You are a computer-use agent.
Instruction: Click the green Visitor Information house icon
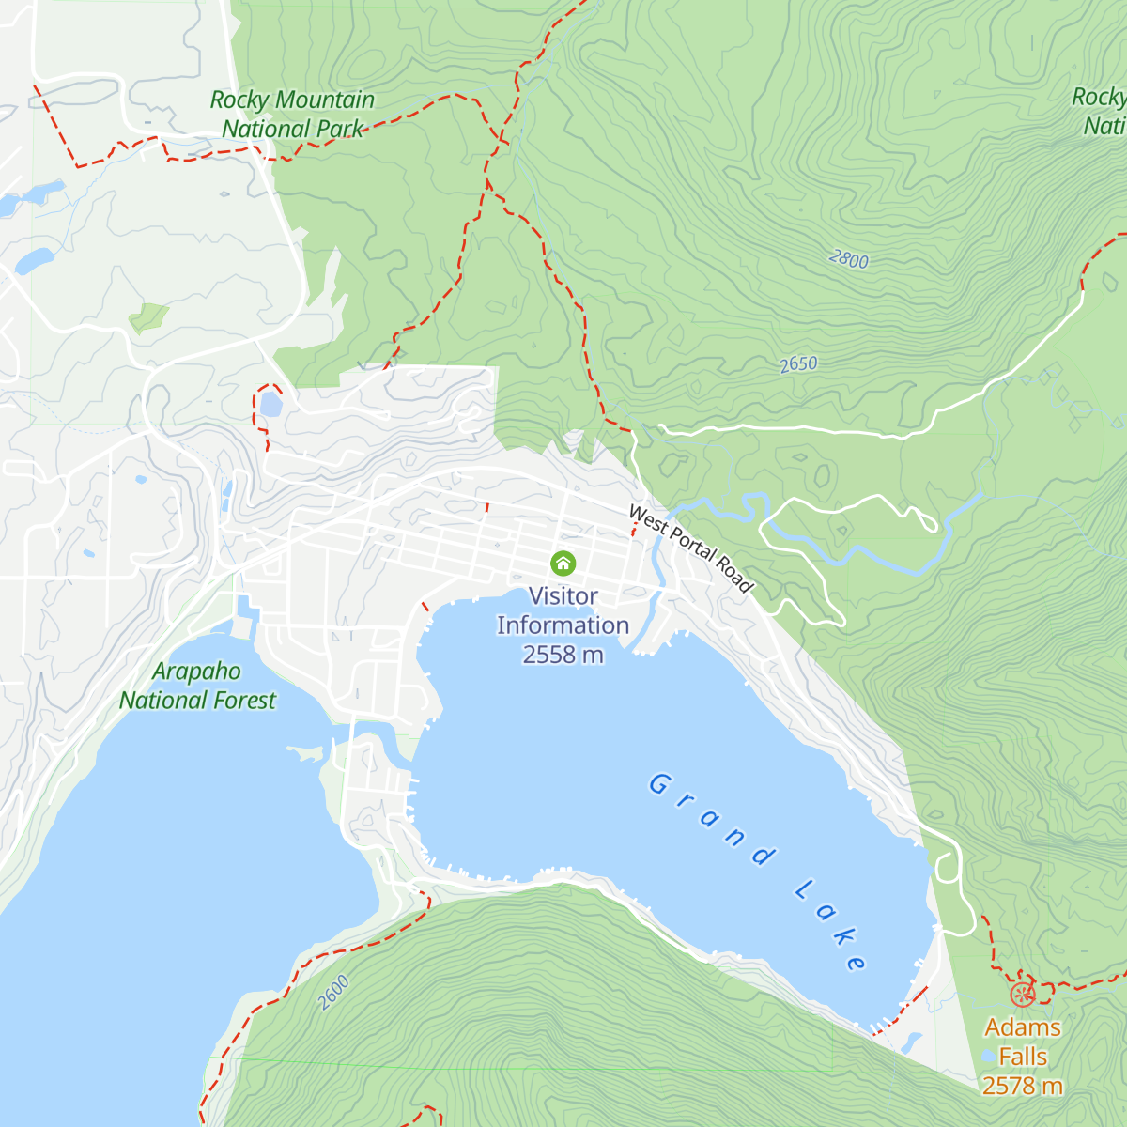563,563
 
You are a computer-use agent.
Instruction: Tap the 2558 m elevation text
563,655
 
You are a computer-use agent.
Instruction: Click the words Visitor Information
563,610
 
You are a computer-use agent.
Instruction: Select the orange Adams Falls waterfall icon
1022,994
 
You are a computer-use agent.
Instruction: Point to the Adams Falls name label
1023,1042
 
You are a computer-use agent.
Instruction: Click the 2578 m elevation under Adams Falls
1023,1086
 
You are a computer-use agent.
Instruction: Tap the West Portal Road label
690,549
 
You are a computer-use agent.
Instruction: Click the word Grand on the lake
712,817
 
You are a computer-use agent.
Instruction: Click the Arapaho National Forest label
197,686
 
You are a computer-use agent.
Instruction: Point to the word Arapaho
196,672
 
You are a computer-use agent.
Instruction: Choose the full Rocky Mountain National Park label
292,114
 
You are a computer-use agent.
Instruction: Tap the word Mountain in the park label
325,100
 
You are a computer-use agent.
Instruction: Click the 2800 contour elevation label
849,259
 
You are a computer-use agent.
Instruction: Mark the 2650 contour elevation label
798,364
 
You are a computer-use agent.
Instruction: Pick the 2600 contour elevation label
333,993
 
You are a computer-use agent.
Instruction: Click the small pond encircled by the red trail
270,405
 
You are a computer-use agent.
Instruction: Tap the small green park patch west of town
148,317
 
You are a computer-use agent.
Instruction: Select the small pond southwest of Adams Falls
910,1042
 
